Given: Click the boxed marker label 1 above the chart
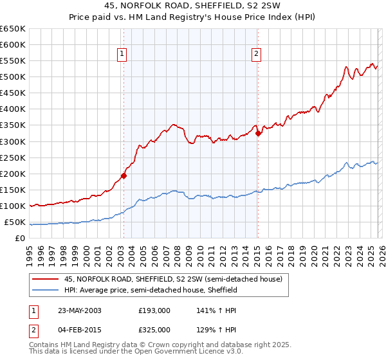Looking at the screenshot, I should coord(122,55).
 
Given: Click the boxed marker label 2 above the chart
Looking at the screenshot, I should coord(256,55).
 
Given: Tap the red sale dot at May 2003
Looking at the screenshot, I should coord(124,175).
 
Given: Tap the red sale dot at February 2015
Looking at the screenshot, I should coord(258,133).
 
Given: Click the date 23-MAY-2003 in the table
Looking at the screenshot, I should coord(78,310).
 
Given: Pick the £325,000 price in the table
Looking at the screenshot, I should coord(154,330).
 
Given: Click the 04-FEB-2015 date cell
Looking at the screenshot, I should coord(78,330).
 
